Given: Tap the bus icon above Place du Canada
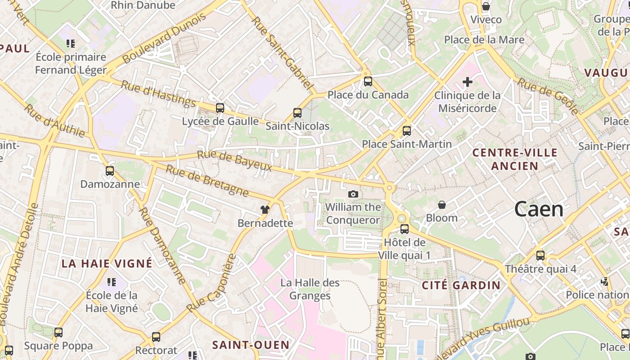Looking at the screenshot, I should click(x=368, y=81).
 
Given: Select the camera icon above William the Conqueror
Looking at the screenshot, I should click(x=353, y=194).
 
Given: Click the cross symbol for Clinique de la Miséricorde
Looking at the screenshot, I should click(x=468, y=82).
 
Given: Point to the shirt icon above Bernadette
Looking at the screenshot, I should click(x=265, y=210).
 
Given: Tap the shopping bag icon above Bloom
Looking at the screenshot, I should click(x=442, y=205).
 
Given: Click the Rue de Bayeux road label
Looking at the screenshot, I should click(x=235, y=161).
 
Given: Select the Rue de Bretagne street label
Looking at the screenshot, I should click(x=207, y=181).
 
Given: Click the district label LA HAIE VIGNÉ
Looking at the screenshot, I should click(x=107, y=264).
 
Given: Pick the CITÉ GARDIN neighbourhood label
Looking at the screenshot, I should click(x=461, y=285).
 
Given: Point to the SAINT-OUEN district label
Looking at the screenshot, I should click(x=251, y=345).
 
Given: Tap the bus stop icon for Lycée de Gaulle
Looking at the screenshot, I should click(x=220, y=108).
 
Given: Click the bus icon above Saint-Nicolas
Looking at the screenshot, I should click(x=297, y=113).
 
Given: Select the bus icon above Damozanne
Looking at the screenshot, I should click(x=110, y=171).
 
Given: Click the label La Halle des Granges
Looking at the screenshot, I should click(x=310, y=289).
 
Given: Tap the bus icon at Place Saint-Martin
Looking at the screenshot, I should click(x=406, y=131).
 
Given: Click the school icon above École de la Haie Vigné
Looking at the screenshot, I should click(x=111, y=282).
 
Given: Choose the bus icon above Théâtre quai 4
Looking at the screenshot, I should click(x=540, y=256).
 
